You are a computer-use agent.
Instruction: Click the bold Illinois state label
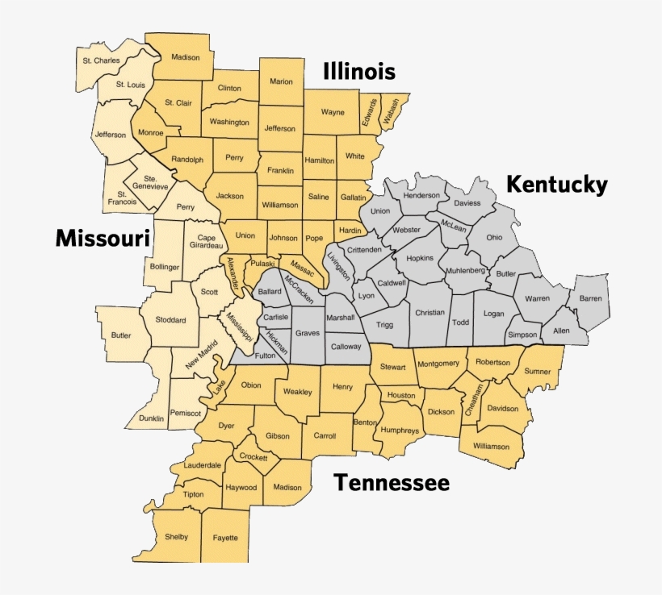359,72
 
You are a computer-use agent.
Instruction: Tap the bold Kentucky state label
556,185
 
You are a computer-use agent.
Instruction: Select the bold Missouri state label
103,238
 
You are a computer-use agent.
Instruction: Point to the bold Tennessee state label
392,483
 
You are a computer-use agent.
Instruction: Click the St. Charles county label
101,60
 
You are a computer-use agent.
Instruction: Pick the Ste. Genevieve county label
150,182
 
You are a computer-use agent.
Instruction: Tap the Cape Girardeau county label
207,243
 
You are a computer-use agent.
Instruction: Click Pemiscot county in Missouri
186,413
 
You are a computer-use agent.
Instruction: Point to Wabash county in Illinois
392,112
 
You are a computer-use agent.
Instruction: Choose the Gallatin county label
353,197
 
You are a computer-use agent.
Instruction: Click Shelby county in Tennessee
176,537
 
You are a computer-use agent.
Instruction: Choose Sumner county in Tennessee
538,372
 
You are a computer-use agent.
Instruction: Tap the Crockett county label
254,456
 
